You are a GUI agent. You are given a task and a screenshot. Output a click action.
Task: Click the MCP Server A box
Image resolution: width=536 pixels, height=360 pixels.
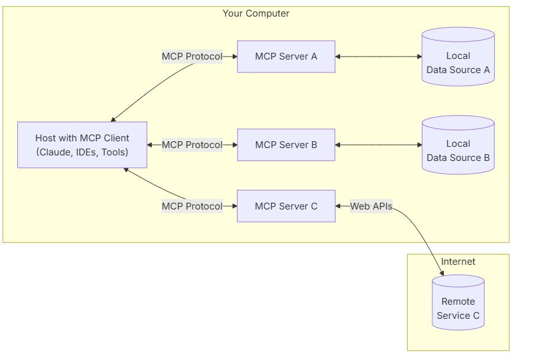[x=286, y=57]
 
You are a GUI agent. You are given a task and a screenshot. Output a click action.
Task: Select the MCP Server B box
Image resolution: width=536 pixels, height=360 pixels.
[x=286, y=145]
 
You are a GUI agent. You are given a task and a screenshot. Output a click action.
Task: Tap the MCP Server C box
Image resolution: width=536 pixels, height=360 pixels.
[x=286, y=206]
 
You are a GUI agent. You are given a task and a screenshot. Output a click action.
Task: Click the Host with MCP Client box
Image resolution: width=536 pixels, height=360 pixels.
[x=82, y=145]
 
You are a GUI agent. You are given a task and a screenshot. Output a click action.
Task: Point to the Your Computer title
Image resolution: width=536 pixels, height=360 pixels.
[x=255, y=14]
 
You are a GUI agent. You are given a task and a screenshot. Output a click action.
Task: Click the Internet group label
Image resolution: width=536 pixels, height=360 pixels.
[x=458, y=262]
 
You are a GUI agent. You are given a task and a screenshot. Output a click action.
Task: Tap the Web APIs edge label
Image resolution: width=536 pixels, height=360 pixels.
[x=371, y=206]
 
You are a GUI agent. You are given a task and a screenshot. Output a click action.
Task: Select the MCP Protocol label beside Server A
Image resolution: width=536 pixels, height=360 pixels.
[x=192, y=57]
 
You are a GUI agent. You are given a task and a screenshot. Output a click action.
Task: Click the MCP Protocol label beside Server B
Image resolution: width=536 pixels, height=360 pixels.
[x=192, y=145]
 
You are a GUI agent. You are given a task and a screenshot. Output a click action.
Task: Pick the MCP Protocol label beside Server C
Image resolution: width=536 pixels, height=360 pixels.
[x=192, y=206]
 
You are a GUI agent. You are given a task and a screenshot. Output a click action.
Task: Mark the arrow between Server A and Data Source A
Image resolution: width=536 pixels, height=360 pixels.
[x=378, y=57]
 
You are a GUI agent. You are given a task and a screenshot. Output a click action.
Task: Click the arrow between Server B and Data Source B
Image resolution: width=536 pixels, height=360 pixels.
[x=378, y=145]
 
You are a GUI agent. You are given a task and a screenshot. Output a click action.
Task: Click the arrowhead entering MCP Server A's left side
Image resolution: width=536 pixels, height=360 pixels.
[x=234, y=57]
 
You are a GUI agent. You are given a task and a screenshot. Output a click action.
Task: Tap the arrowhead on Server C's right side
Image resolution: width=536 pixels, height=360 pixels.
[x=339, y=206]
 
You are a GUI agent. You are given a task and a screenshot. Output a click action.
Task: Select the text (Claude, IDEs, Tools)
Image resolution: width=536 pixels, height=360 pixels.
[x=82, y=152]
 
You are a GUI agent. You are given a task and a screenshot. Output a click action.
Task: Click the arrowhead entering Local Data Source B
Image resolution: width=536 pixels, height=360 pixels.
[x=419, y=145]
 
